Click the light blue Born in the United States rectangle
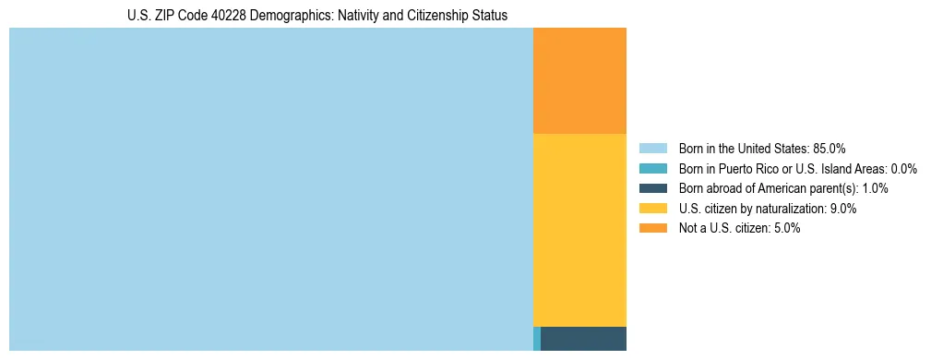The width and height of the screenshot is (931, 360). (x=270, y=189)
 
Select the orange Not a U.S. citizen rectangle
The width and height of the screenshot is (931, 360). (x=579, y=81)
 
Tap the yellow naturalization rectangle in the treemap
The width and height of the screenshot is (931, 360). (x=579, y=230)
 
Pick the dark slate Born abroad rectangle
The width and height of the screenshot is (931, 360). (x=583, y=339)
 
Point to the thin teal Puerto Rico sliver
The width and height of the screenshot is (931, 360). (x=537, y=339)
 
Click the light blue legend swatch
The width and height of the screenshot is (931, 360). (x=653, y=148)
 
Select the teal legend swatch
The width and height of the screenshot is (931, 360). (x=653, y=168)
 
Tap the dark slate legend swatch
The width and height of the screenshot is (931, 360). (x=653, y=188)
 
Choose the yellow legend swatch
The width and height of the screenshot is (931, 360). (x=653, y=209)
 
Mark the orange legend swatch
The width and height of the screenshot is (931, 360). (x=653, y=229)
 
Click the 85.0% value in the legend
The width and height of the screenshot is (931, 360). (x=830, y=148)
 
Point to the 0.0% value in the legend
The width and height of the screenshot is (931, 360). (x=903, y=168)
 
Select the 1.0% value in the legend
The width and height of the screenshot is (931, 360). (x=875, y=188)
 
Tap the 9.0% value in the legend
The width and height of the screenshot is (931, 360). (x=843, y=209)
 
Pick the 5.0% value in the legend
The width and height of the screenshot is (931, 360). (x=786, y=229)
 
